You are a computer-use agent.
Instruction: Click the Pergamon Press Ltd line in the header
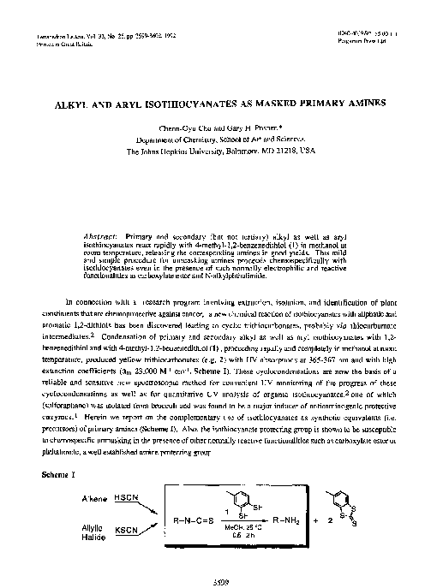pos(362,40)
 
